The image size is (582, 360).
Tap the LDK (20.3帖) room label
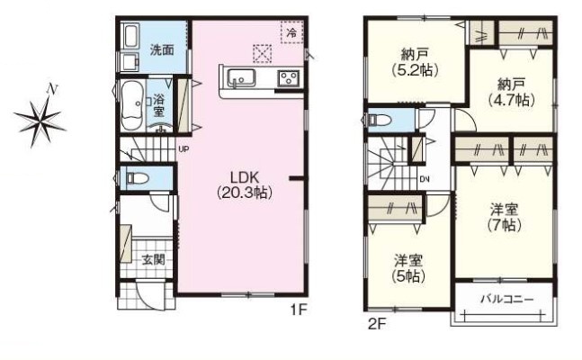pyautogui.click(x=245, y=184)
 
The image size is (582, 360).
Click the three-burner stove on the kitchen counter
pyautogui.click(x=290, y=78)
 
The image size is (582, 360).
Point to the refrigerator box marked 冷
pyautogui.click(x=292, y=32)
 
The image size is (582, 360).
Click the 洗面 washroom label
pyautogui.click(x=162, y=49)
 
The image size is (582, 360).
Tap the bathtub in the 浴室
pyautogui.click(x=132, y=105)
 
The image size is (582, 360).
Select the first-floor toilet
pyautogui.click(x=137, y=178)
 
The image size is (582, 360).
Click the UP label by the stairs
pyautogui.click(x=184, y=149)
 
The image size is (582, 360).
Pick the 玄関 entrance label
pyautogui.click(x=153, y=259)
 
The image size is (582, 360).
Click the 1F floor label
pyautogui.click(x=299, y=310)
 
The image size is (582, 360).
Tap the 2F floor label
pyautogui.click(x=377, y=325)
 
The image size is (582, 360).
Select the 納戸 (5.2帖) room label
pyautogui.click(x=415, y=62)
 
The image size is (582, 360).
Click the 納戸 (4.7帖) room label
pyautogui.click(x=511, y=92)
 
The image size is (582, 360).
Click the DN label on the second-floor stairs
pyautogui.click(x=425, y=179)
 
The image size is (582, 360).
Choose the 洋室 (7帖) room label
pyautogui.click(x=504, y=217)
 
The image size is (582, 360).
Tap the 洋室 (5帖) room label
pyautogui.click(x=408, y=268)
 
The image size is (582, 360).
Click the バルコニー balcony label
pyautogui.click(x=507, y=299)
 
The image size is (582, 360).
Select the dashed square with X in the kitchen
pyautogui.click(x=262, y=53)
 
